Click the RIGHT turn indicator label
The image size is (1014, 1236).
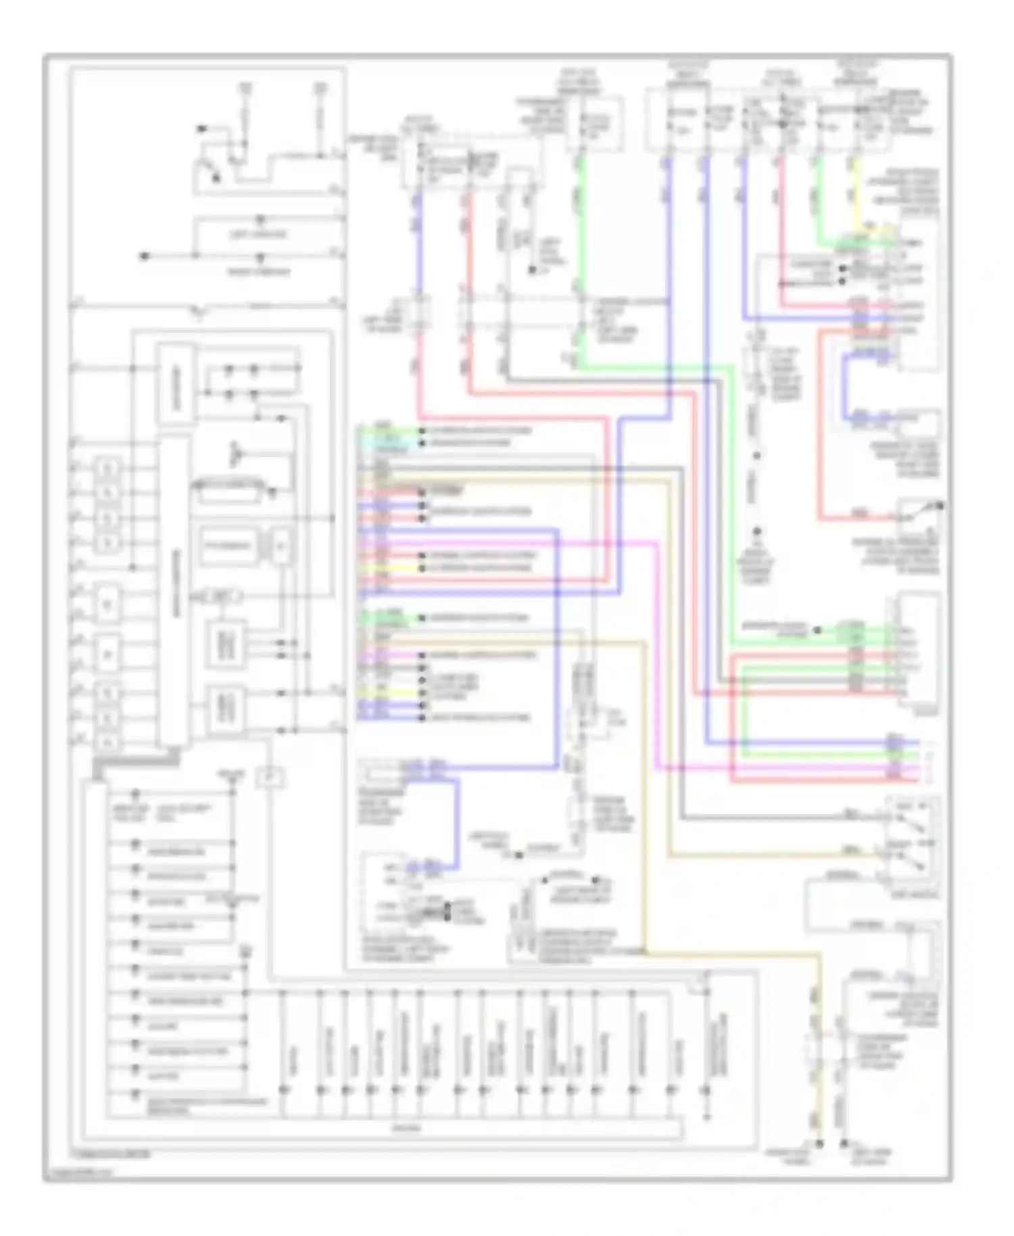click(x=259, y=272)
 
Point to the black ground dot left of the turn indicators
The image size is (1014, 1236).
click(x=144, y=256)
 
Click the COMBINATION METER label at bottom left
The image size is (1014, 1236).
click(x=112, y=1154)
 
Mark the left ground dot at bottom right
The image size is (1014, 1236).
click(x=819, y=1144)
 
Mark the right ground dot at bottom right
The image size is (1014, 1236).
click(x=844, y=1144)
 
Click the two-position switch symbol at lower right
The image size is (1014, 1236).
click(x=912, y=842)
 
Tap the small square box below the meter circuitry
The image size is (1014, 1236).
click(x=269, y=778)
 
